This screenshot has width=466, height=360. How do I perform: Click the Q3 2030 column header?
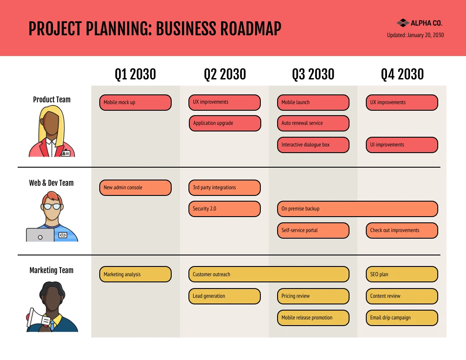[x=313, y=74]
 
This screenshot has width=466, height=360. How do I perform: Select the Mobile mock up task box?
[x=135, y=102]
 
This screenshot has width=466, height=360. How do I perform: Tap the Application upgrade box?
[x=225, y=123]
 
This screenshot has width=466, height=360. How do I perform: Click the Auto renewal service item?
[x=313, y=123]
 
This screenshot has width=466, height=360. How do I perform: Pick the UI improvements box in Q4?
[x=402, y=145]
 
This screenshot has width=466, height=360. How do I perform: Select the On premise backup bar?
[x=357, y=209]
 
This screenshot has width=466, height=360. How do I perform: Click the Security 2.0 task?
[x=224, y=209]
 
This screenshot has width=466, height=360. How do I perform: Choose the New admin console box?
[x=135, y=187]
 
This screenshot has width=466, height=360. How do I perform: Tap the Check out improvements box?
[x=402, y=230]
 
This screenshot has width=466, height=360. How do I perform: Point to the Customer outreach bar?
[x=268, y=274]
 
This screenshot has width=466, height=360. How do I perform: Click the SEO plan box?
[x=402, y=274]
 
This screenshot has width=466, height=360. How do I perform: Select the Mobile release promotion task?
[x=313, y=318]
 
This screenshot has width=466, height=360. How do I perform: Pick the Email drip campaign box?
[x=402, y=318]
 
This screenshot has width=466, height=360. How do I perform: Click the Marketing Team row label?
[x=52, y=270]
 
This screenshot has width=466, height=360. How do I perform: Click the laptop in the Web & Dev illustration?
[x=40, y=235]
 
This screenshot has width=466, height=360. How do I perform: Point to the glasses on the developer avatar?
[x=52, y=206]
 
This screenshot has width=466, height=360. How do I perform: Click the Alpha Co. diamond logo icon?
[x=402, y=23]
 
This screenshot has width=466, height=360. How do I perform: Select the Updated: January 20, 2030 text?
[x=415, y=35]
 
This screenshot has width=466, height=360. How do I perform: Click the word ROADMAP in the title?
[x=250, y=29]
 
